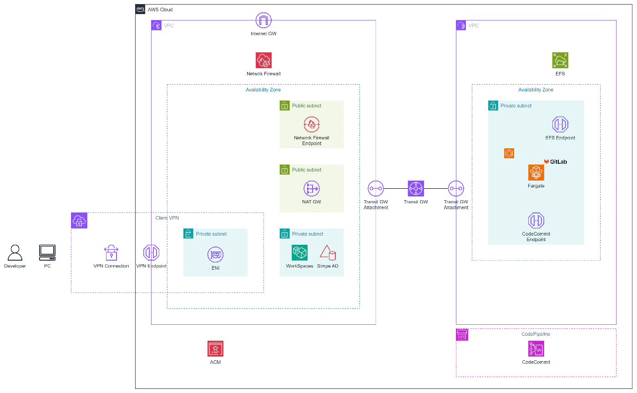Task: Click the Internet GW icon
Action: coord(263,20)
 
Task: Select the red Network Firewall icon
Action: coord(263,60)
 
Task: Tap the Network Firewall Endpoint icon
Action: coord(311,124)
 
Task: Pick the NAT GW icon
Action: coord(311,188)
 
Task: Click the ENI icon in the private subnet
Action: coord(215,255)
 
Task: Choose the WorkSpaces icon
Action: coord(299,252)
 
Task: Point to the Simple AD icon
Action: coord(328,252)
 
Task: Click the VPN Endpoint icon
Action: coord(151,252)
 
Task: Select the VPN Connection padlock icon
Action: coord(111,252)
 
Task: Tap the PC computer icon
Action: coord(47,252)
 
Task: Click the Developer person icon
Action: coord(15,252)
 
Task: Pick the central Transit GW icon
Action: coord(416,188)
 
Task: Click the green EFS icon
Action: coord(560,60)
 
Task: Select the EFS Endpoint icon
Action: coord(560,124)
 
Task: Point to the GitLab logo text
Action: coord(558,162)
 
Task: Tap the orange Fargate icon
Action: coord(536,172)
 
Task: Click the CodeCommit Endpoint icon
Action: coord(536,221)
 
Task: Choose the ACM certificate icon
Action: coord(215,348)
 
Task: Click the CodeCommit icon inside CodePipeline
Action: coord(536,348)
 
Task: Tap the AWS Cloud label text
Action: coord(160,10)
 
